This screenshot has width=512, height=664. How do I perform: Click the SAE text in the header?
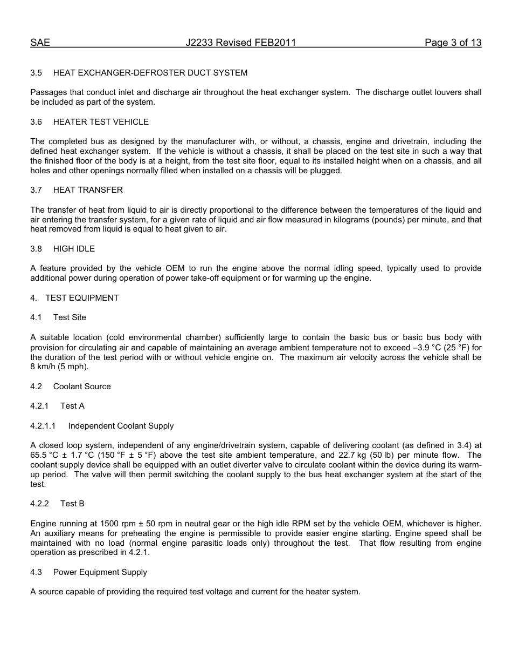pos(40,43)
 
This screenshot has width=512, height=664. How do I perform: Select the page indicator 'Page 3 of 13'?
pos(453,43)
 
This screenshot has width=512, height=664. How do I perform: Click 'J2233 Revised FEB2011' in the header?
pos(241,43)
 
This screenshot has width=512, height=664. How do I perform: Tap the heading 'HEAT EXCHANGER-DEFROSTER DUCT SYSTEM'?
pos(150,73)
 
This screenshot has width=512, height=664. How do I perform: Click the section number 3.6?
pos(36,122)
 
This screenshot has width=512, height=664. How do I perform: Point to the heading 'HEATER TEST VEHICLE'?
pos(101,122)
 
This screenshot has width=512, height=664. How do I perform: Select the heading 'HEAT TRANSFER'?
pos(88,190)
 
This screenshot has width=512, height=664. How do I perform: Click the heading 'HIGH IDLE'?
pos(74,249)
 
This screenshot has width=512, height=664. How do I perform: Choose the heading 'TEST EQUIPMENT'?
pos(82,298)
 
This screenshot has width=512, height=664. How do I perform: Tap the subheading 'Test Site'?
pos(70,317)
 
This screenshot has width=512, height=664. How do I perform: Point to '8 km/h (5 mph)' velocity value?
pos(59,367)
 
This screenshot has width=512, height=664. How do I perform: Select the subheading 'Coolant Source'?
pos(82,387)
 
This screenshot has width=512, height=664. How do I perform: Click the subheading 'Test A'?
pos(72,406)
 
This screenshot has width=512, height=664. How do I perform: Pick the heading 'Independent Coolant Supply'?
pos(121,426)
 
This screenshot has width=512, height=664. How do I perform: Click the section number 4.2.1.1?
pos(43,426)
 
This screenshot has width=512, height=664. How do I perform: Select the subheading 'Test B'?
pos(72,504)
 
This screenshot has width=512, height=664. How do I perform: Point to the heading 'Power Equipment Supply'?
pos(100,572)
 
